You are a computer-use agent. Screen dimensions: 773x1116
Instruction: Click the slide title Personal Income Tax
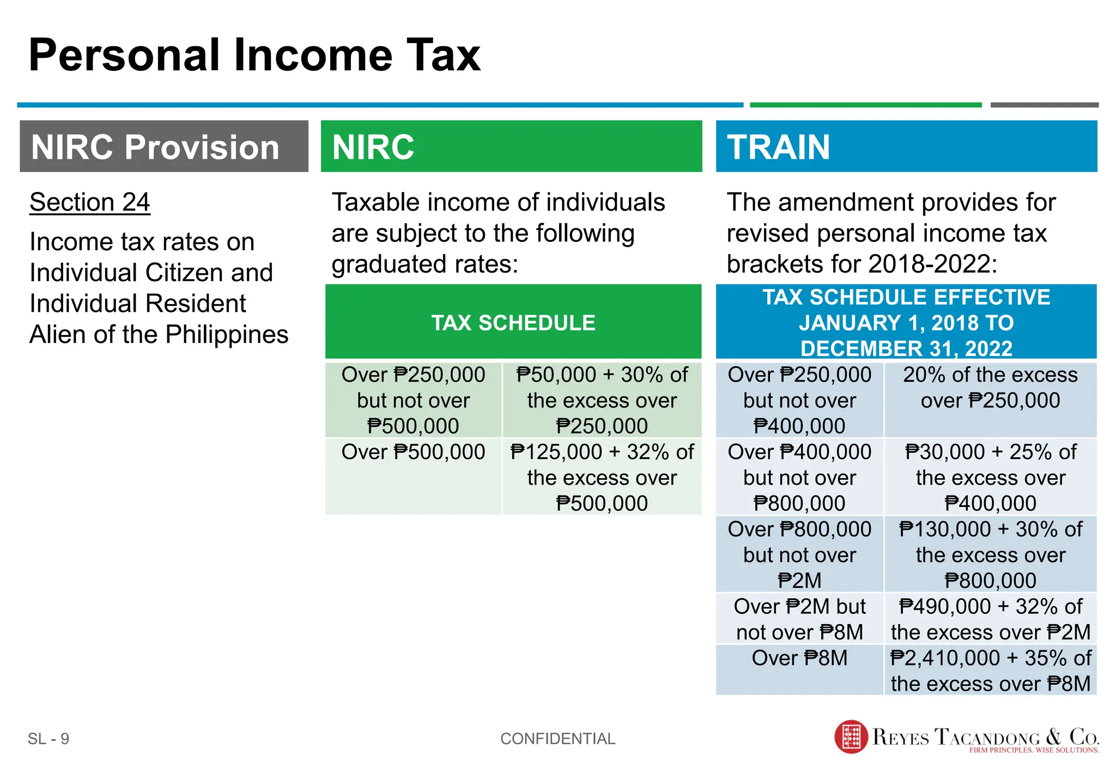[x=254, y=55]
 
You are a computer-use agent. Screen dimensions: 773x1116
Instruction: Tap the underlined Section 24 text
[x=90, y=202]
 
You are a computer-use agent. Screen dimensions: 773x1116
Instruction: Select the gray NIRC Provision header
[x=163, y=147]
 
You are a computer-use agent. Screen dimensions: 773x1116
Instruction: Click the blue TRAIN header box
[x=906, y=147]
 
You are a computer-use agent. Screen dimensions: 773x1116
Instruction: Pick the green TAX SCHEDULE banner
[x=513, y=322]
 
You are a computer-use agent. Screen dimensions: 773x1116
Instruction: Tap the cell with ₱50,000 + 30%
[x=602, y=400]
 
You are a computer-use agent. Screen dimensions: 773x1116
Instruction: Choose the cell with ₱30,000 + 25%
[x=990, y=477]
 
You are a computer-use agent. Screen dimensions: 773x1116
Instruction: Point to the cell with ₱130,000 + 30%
[x=990, y=554]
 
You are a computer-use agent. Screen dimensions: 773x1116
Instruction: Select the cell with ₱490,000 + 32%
[x=990, y=619]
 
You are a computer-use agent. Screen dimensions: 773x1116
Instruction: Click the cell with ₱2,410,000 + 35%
[x=990, y=670]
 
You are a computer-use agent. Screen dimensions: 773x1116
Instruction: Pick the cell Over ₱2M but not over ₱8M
[x=799, y=619]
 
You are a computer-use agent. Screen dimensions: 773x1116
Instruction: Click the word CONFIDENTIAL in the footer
[x=557, y=739]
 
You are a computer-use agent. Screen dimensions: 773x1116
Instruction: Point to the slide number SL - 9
[x=48, y=739]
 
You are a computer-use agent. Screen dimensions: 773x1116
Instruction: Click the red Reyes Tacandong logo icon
[x=851, y=736]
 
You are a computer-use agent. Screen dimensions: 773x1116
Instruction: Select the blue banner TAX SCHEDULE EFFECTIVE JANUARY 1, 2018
[x=906, y=322]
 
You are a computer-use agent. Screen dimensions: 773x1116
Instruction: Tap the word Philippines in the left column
[x=227, y=334]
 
